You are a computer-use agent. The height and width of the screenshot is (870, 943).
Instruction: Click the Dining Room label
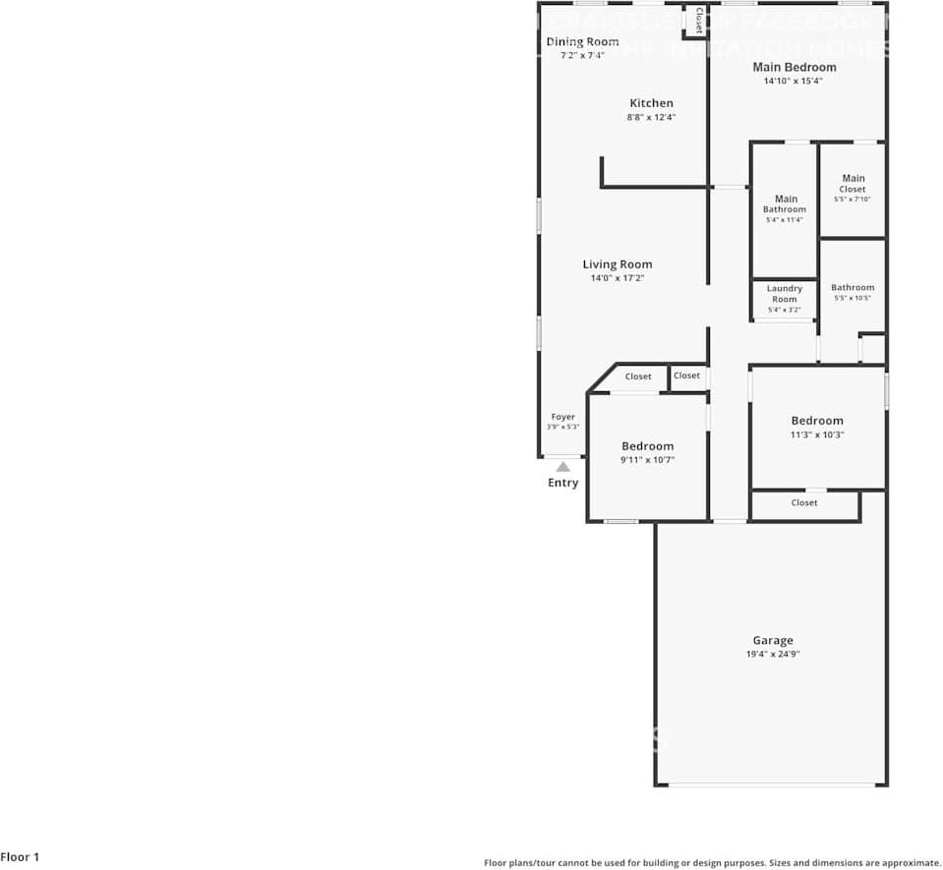(x=582, y=41)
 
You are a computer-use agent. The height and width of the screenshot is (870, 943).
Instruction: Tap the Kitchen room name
(x=651, y=103)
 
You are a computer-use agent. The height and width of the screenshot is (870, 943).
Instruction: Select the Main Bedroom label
(x=795, y=67)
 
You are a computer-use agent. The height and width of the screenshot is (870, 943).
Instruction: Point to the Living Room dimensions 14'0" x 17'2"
(x=618, y=278)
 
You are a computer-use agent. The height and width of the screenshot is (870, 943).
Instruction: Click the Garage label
(x=773, y=640)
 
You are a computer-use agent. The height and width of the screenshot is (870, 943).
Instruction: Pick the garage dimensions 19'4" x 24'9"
(x=773, y=654)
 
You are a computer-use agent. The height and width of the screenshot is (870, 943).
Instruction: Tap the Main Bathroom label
(x=785, y=203)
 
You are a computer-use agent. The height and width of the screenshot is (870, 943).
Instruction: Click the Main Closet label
(x=853, y=184)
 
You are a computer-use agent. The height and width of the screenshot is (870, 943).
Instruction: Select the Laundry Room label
(x=785, y=294)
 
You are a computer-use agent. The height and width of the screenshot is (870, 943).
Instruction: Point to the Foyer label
(x=562, y=417)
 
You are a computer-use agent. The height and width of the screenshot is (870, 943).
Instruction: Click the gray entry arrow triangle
(x=562, y=467)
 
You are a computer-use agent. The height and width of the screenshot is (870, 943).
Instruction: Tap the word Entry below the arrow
(x=563, y=483)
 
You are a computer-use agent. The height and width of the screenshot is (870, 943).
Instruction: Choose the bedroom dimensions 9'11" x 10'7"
(x=647, y=459)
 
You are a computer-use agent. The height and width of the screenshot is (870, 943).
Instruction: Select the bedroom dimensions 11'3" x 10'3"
(x=817, y=435)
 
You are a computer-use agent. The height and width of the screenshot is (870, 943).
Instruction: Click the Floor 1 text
(x=20, y=857)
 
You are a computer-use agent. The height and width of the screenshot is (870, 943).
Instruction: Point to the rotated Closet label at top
(x=698, y=21)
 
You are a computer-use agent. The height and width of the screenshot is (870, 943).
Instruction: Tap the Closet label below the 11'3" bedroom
(x=804, y=502)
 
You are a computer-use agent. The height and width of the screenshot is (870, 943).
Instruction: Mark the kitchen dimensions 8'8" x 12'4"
(x=651, y=117)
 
